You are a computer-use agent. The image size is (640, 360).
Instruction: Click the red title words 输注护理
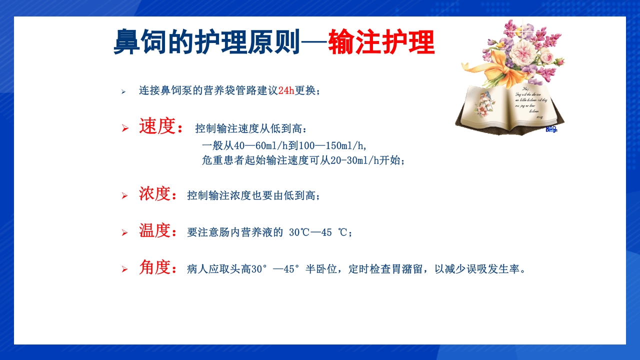point(381,42)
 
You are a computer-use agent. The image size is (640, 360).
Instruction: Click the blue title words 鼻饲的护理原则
point(206,42)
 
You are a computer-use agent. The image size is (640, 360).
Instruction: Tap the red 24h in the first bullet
point(286,90)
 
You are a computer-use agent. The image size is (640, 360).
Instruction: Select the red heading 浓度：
point(158,194)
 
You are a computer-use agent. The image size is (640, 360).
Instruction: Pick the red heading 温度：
point(158,231)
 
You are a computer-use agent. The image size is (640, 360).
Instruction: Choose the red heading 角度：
point(158,268)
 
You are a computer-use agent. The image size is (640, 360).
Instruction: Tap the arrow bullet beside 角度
point(125,269)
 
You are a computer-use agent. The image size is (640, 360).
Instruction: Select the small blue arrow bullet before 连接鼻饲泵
point(123,91)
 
